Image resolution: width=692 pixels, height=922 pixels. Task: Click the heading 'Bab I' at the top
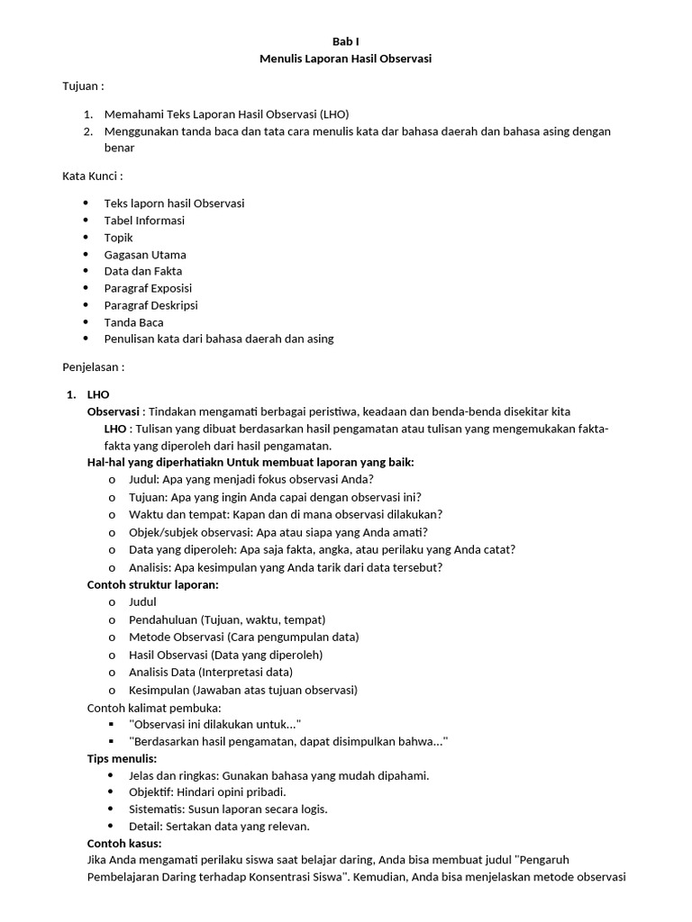point(346,41)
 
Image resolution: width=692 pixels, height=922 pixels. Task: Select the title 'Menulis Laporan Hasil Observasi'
point(346,59)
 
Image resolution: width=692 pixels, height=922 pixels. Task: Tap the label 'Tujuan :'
point(83,86)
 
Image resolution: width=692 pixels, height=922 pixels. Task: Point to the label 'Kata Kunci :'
point(93,176)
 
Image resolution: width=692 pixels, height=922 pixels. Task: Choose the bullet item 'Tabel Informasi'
point(144,221)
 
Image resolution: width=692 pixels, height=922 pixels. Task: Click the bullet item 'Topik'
point(118,238)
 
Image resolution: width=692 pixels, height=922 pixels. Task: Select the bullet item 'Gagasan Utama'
point(145,255)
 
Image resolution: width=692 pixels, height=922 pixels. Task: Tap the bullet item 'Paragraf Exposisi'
point(150,288)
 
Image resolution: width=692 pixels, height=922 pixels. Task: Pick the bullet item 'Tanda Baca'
point(133,322)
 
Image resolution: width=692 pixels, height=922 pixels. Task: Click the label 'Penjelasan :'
point(93,367)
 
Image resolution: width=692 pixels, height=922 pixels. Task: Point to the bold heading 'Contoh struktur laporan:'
point(152,584)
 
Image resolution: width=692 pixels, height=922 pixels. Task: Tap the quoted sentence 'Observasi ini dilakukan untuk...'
point(214,724)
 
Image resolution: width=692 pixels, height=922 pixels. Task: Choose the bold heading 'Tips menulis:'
point(122,758)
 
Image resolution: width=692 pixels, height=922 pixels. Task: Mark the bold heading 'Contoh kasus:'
point(124,844)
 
